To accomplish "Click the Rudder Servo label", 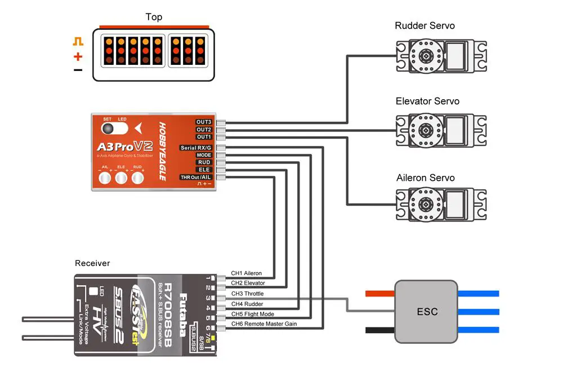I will tap(425, 26).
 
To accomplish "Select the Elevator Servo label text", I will tap(427, 101).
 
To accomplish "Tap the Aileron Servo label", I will tap(426, 178).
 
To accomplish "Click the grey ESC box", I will tap(426, 312).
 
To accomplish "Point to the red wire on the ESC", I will tap(380, 294).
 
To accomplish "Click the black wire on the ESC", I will tap(380, 330).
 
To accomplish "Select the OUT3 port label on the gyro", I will tap(203, 122).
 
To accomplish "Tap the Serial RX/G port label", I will tap(195, 148).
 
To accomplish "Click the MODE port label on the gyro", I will tap(203, 155).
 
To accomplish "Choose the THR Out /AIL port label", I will tap(195, 177).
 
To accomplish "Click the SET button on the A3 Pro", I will tap(107, 129).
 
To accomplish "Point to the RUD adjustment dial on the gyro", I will tap(137, 179).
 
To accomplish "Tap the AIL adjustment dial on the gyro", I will tap(105, 179).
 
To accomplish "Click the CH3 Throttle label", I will tap(247, 294).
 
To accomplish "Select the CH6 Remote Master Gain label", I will tap(263, 324).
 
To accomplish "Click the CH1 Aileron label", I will tap(246, 273).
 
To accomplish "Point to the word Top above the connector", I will tap(154, 17).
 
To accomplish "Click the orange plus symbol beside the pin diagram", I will tap(78, 56).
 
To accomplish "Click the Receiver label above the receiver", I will tap(92, 263).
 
